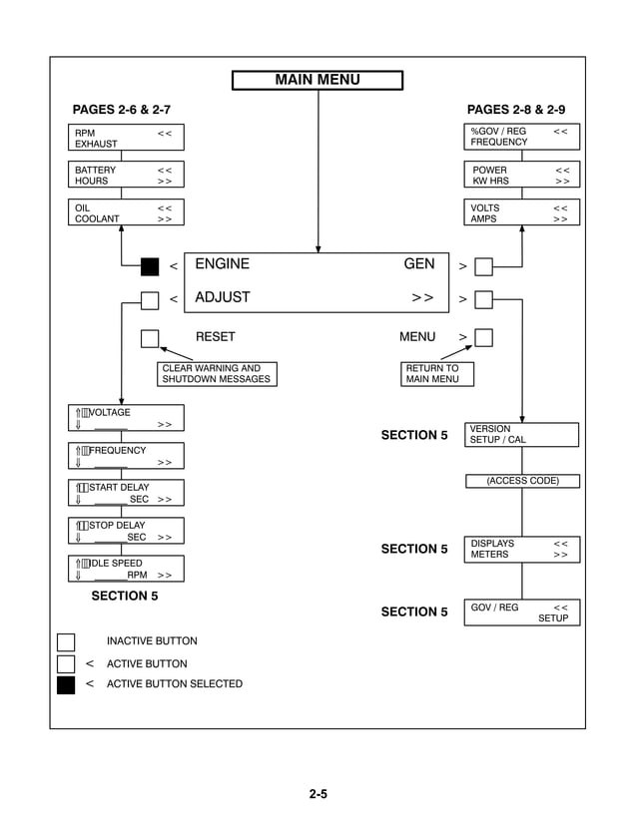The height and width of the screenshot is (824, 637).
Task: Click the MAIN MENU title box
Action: coord(318,81)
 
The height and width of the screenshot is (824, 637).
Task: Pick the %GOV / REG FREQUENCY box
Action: coord(522,137)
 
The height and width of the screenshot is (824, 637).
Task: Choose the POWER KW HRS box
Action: coord(522,176)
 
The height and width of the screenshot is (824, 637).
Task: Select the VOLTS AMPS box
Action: coord(522,213)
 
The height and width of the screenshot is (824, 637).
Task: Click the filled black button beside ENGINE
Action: coord(150,266)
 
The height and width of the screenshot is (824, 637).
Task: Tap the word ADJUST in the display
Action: coord(223,297)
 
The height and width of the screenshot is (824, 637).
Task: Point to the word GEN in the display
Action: coord(419,264)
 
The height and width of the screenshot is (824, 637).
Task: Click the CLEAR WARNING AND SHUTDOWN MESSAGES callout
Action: coord(216,374)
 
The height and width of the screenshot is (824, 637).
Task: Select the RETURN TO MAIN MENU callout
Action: coord(437,374)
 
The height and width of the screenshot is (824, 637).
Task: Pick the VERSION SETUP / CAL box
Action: coord(522,435)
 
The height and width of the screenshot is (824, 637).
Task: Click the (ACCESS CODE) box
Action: coord(522,482)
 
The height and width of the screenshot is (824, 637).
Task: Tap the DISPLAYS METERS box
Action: coord(522,550)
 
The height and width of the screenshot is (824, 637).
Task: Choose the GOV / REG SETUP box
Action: coord(522,613)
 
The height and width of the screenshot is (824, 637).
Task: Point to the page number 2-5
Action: coord(318,795)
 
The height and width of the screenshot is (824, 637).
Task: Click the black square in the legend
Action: coord(66,684)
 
